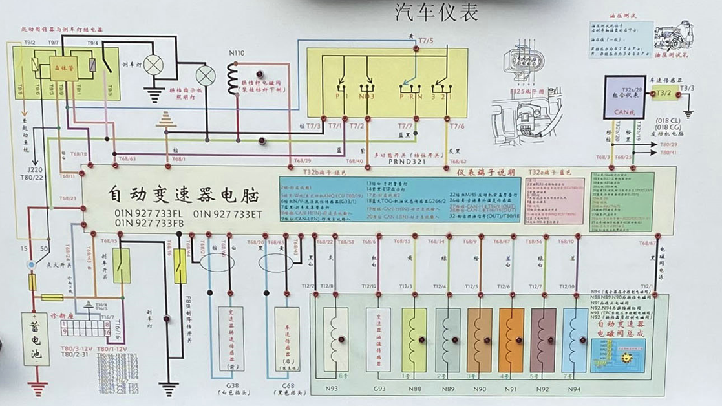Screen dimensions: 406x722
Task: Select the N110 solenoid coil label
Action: [x=237, y=52]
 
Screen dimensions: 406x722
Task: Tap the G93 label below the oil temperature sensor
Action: [x=379, y=389]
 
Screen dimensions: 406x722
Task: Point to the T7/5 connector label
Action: [x=426, y=41]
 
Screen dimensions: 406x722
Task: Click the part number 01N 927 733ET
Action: [x=228, y=213]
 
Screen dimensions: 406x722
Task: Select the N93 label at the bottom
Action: [x=331, y=389]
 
